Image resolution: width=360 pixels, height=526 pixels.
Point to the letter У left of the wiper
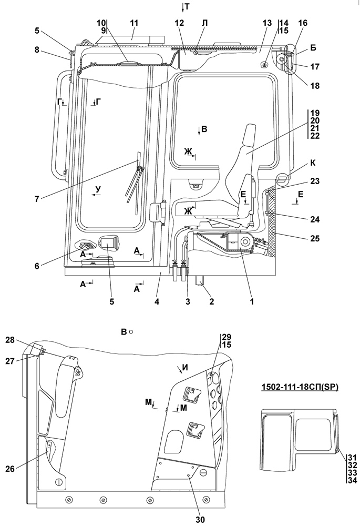[98, 188]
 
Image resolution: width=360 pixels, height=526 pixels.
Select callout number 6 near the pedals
[37, 266]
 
